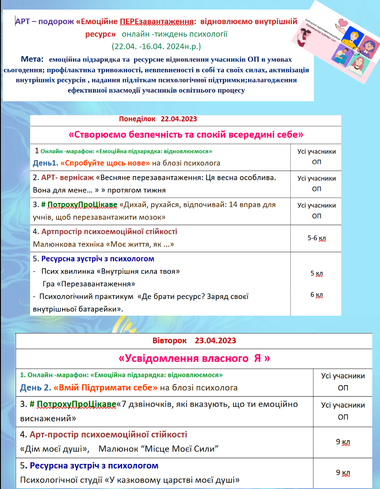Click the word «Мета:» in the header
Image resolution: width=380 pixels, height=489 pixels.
[32, 59]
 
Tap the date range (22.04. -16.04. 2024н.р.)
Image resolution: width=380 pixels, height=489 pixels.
[156, 46]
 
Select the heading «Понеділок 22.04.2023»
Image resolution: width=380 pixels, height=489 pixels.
[157, 120]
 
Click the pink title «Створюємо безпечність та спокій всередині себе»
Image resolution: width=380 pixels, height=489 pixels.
[186, 135]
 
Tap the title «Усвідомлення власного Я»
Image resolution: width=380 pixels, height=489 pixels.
[194, 359]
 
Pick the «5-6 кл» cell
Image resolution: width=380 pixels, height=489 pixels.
[317, 238]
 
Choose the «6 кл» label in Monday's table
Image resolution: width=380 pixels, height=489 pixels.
[317, 295]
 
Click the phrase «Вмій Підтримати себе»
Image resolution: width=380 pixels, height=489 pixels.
[106, 388]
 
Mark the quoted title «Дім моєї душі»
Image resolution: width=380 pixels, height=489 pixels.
[55, 449]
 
